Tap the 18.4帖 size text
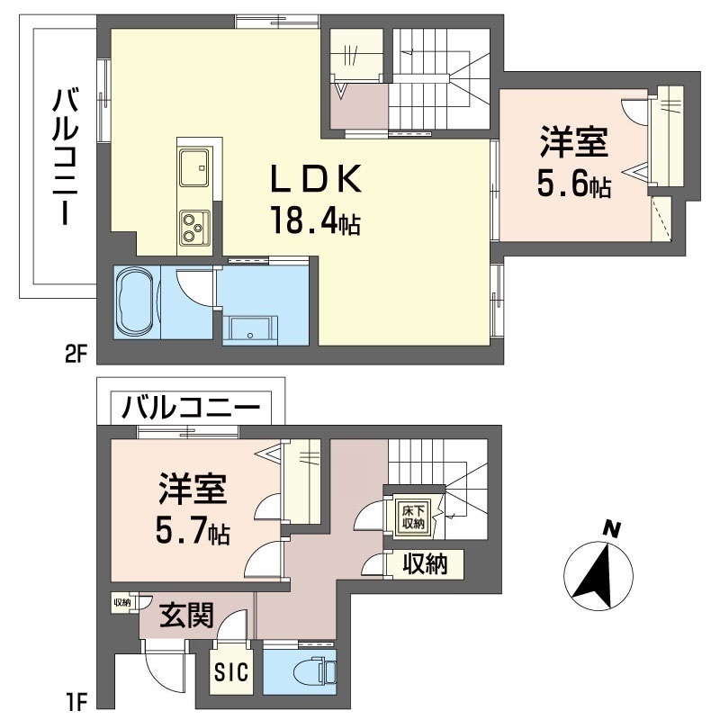point(314,220)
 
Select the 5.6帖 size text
point(575,184)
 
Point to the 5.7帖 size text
point(193,532)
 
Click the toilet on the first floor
point(314,671)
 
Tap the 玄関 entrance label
point(187,616)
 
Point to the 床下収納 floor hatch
point(412,516)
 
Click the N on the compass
point(612,531)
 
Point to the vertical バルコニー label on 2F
point(62,157)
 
